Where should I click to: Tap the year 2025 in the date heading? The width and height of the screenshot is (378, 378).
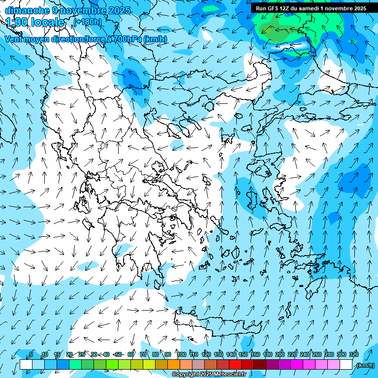coord(120,10)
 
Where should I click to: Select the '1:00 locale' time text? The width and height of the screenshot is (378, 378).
coord(35,22)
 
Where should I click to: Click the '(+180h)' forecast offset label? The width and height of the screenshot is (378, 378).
coord(87,22)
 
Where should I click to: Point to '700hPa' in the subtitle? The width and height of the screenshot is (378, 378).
coord(127,39)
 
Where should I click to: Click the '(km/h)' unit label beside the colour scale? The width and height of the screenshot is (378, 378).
coord(365,365)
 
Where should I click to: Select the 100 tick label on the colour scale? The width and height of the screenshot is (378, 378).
coord(181,354)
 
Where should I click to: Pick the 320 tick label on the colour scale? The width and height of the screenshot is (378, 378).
coord(353,354)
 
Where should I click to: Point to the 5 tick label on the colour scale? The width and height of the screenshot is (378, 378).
coord(31,354)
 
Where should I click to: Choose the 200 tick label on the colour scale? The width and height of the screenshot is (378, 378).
coord(280,354)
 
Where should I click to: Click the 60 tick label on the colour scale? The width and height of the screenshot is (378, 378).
coord(131,354)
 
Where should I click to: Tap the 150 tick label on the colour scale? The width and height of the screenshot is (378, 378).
coord(243,354)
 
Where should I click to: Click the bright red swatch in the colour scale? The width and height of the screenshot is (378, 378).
coord(235,365)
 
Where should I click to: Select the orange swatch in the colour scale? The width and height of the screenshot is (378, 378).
coord(174,365)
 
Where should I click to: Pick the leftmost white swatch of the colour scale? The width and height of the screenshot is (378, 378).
coord(26,365)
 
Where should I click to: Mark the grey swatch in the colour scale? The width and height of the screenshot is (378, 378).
coord(198,365)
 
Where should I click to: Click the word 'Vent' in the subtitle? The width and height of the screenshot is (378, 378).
coord(14,39)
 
